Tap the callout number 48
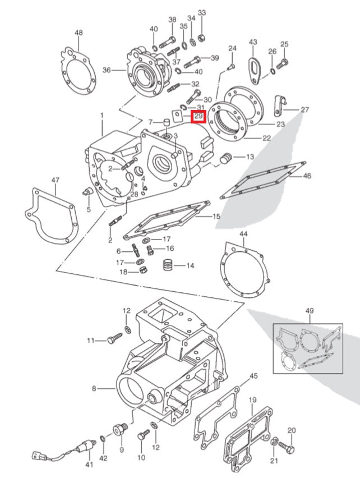[79, 33]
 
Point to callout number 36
[106, 70]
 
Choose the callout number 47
[55, 180]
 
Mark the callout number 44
[243, 233]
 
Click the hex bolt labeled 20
[287, 448]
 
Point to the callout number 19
[252, 400]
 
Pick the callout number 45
[253, 376]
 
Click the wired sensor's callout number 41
[89, 465]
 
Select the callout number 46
[307, 176]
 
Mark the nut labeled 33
[202, 38]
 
